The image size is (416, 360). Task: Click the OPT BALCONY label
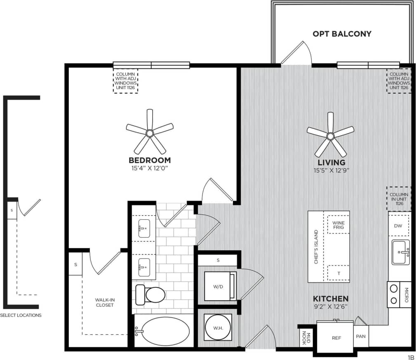click(342, 34)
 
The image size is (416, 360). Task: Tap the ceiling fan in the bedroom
click(150, 133)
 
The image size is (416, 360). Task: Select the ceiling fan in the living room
click(330, 135)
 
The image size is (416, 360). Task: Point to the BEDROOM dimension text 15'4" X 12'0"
click(150, 168)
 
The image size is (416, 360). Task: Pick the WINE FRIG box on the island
click(338, 225)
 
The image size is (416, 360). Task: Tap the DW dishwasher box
click(398, 226)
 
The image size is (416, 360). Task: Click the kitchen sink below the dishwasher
click(400, 252)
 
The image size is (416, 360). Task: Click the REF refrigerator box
click(336, 338)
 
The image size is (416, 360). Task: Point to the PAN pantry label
click(361, 336)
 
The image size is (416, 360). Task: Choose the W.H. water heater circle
click(218, 328)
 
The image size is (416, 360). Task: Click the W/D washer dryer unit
click(217, 286)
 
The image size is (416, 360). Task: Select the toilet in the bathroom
click(151, 294)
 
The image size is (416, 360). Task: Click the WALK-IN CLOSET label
click(104, 302)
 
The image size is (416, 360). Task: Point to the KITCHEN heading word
click(331, 299)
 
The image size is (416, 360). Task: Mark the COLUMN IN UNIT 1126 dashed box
click(399, 199)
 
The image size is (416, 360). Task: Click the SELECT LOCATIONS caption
click(21, 315)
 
